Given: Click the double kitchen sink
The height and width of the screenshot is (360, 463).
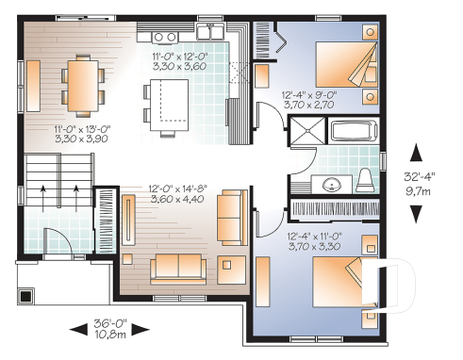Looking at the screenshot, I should click(x=166, y=36).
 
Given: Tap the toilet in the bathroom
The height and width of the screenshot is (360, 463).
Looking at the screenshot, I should click(x=367, y=178).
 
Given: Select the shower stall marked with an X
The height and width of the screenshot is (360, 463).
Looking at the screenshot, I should click(x=305, y=132).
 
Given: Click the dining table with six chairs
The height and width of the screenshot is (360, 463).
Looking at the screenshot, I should click(x=81, y=81).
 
